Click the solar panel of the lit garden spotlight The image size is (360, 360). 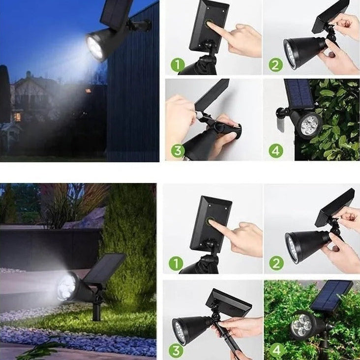click(105, 269)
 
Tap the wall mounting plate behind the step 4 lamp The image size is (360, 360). click(281, 118)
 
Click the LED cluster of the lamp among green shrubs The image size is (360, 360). click(301, 325)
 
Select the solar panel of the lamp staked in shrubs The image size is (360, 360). click(331, 296)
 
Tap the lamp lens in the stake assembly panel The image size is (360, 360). click(180, 331)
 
